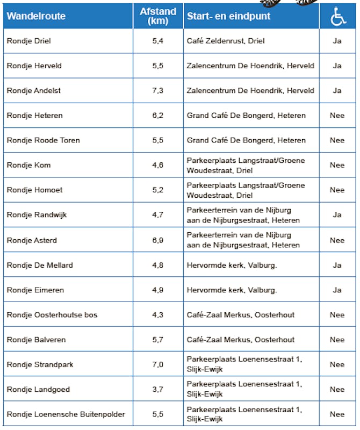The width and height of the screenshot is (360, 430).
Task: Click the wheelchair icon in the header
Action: click(x=337, y=17)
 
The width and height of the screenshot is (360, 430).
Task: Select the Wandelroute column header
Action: click(x=36, y=16)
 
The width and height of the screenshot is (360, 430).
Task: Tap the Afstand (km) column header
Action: click(x=157, y=16)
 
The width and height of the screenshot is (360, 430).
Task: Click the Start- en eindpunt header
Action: click(x=229, y=16)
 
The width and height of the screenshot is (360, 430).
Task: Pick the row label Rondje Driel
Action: click(x=29, y=41)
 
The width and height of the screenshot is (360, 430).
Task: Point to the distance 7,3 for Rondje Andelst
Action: click(x=157, y=90)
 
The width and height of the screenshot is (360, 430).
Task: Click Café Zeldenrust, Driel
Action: click(x=226, y=41)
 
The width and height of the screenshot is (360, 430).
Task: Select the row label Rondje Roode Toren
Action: click(x=44, y=140)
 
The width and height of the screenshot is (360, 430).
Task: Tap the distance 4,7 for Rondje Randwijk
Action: click(x=157, y=215)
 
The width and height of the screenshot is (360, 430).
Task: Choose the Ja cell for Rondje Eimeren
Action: click(x=337, y=290)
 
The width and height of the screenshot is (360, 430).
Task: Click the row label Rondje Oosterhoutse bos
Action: click(x=52, y=315)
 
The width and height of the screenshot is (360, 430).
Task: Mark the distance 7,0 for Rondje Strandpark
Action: click(x=157, y=364)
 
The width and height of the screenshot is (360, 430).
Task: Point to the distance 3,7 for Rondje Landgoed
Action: click(x=157, y=389)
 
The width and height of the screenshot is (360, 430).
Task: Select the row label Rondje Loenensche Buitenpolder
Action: click(x=66, y=414)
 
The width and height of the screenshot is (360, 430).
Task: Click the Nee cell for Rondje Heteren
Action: click(x=337, y=116)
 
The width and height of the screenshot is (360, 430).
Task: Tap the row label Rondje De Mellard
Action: click(x=40, y=265)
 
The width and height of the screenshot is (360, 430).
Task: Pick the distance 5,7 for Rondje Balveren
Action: click(x=157, y=340)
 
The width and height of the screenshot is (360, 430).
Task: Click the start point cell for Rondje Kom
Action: click(x=246, y=165)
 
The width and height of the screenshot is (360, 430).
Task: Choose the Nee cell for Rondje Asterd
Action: click(x=337, y=240)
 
